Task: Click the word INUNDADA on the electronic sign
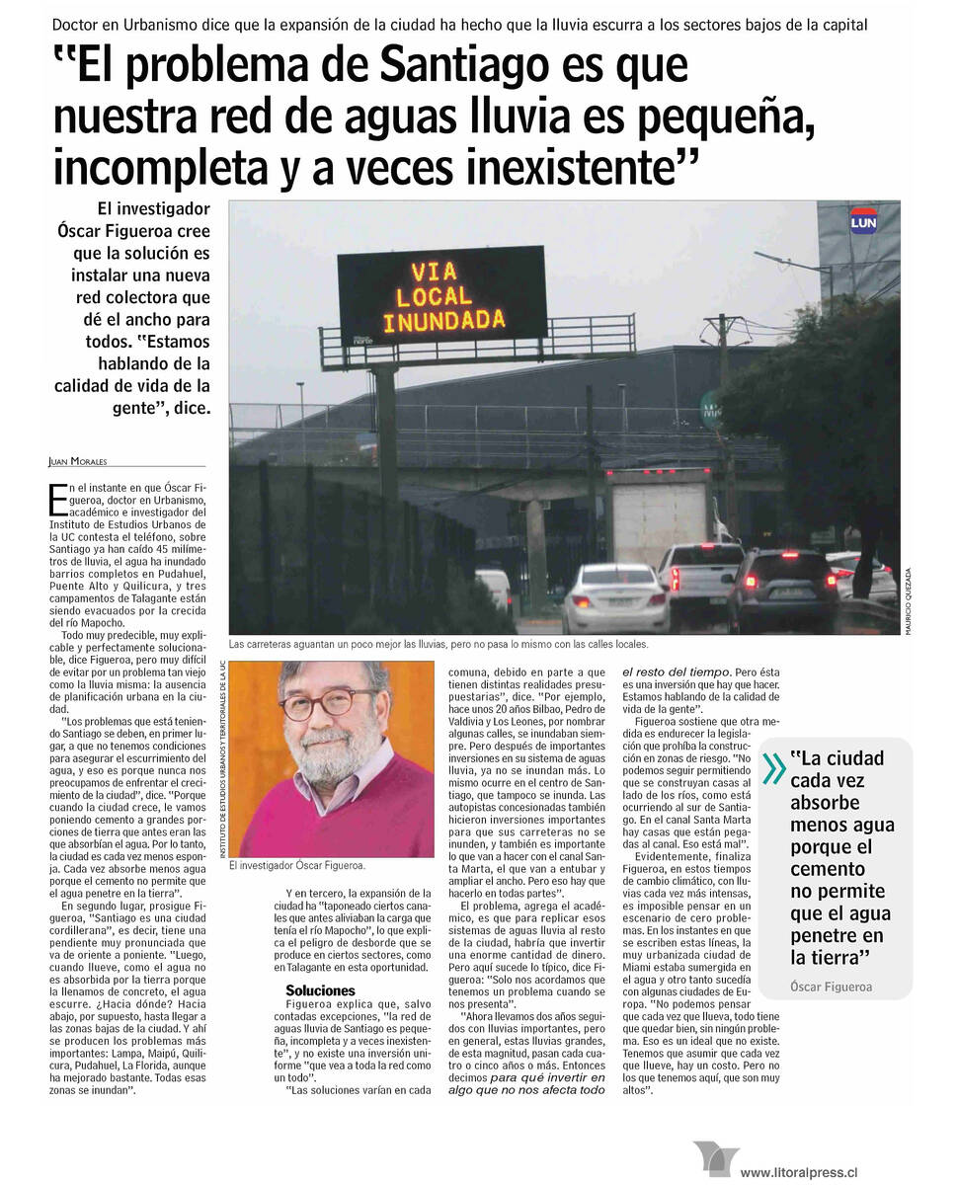tap(443, 321)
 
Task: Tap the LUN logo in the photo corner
tap(863, 221)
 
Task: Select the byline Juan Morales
tap(78, 461)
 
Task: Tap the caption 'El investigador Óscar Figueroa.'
tap(296, 866)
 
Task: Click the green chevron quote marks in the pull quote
tap(773, 767)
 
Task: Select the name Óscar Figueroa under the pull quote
tap(831, 987)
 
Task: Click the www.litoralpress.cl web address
tap(798, 1172)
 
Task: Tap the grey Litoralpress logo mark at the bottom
tap(715, 1158)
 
